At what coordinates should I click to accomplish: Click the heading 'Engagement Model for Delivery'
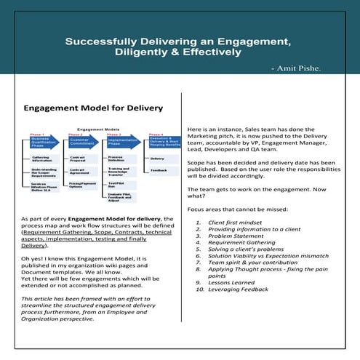coord(93,109)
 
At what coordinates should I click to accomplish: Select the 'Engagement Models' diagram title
coord(92,127)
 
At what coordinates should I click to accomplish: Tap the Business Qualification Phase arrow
coord(44,141)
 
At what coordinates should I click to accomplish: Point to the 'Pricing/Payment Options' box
coord(82,185)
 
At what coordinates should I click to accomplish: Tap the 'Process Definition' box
coord(119,159)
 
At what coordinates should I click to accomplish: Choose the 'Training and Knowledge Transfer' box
coord(121,172)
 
